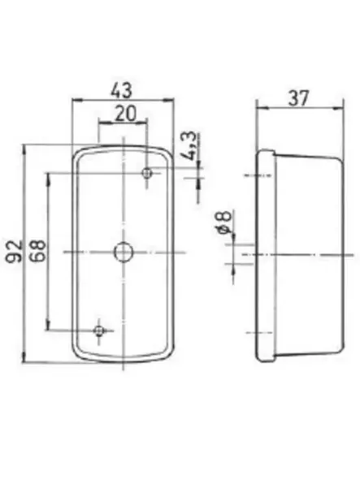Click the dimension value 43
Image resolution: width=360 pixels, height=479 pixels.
(x=124, y=88)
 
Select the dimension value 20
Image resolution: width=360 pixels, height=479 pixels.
(x=124, y=114)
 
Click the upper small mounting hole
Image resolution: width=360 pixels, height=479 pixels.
(x=148, y=173)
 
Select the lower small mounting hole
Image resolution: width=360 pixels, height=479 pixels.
(x=99, y=330)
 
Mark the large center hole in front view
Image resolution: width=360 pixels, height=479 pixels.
(x=123, y=252)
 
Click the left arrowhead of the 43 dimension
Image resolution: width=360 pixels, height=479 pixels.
(x=76, y=101)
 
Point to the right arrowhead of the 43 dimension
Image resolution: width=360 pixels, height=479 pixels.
(x=172, y=101)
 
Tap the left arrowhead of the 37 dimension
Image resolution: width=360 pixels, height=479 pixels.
(x=259, y=108)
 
